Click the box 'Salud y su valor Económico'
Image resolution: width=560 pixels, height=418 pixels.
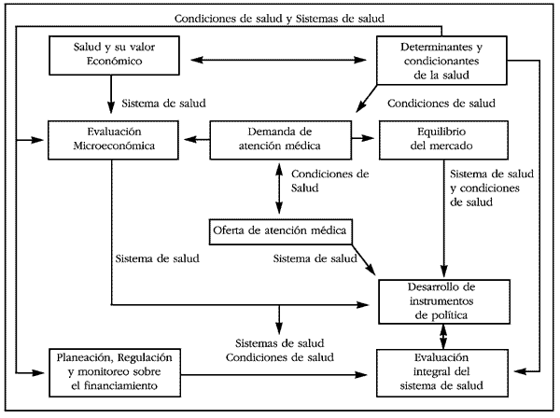[x=114, y=55]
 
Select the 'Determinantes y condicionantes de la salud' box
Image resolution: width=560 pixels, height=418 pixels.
[x=441, y=61]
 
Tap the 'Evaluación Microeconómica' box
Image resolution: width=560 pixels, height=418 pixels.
[x=113, y=140]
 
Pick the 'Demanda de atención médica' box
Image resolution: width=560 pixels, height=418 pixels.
[x=280, y=140]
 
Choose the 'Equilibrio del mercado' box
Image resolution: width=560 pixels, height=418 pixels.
[x=443, y=140]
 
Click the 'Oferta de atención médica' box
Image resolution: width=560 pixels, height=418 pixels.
[x=281, y=231]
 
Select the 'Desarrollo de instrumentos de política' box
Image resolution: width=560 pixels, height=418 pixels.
[x=444, y=301]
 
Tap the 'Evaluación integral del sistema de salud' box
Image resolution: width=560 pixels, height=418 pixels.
[x=442, y=372]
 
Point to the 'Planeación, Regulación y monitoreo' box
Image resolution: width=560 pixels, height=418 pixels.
[x=115, y=372]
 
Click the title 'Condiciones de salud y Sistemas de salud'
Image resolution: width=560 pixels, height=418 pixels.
[x=279, y=19]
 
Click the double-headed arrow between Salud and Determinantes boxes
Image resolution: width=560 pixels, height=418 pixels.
[x=278, y=60]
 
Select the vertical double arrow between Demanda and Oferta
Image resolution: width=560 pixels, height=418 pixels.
[x=279, y=188]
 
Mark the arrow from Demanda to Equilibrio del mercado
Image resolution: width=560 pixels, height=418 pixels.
[x=363, y=138]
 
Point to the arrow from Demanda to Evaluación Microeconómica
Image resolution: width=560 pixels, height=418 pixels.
[x=197, y=139]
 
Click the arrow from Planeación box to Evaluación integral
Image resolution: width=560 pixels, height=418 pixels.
[x=273, y=374]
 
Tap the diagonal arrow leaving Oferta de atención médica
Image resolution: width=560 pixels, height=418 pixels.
[x=364, y=259]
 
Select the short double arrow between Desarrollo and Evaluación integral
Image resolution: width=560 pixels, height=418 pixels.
[x=442, y=337]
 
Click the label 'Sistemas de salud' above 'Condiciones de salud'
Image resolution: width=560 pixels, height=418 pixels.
[x=280, y=343]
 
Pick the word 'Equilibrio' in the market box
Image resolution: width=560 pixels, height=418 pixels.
[x=441, y=132]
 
